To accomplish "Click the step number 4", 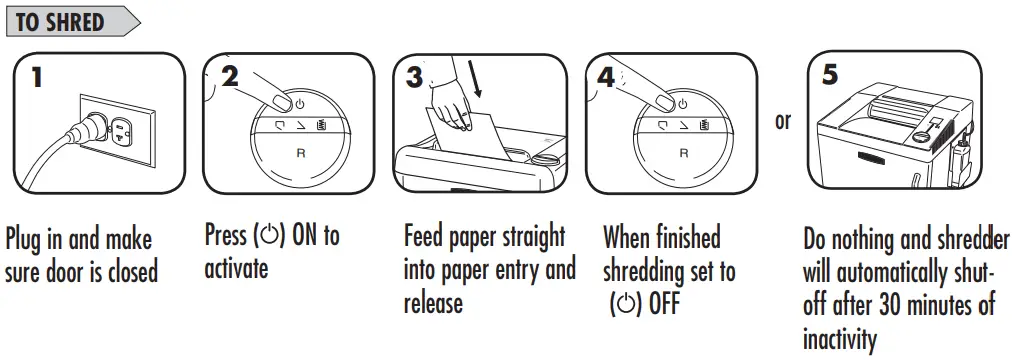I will click(x=607, y=77).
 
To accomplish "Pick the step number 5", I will click(x=831, y=75).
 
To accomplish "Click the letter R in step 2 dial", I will click(x=301, y=154).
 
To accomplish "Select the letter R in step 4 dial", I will click(x=684, y=154).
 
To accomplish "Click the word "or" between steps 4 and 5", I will click(x=782, y=121).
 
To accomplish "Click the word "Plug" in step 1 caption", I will click(x=27, y=241).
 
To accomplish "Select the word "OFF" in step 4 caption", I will click(x=661, y=304).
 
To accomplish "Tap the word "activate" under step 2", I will click(x=236, y=269).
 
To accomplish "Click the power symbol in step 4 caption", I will click(x=624, y=304).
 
